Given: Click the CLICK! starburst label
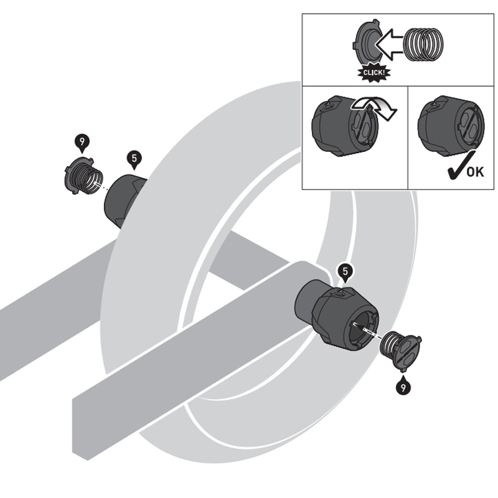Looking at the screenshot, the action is click(374, 73).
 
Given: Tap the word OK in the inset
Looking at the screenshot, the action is click(476, 172).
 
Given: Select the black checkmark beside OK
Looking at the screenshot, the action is click(461, 165).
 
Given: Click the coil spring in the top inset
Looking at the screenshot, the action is click(423, 44).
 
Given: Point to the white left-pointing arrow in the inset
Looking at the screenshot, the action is click(390, 44).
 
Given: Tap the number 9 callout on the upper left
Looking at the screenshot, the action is click(82, 142).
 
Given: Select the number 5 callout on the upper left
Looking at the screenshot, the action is click(134, 159).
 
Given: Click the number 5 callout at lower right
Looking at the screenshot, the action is click(345, 272).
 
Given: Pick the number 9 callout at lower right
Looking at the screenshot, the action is click(403, 387).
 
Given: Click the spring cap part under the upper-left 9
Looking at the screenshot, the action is click(83, 177).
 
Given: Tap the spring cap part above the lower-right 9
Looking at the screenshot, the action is click(402, 352).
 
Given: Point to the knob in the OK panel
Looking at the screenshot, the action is click(451, 126).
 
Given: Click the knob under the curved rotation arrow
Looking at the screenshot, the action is click(345, 126).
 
